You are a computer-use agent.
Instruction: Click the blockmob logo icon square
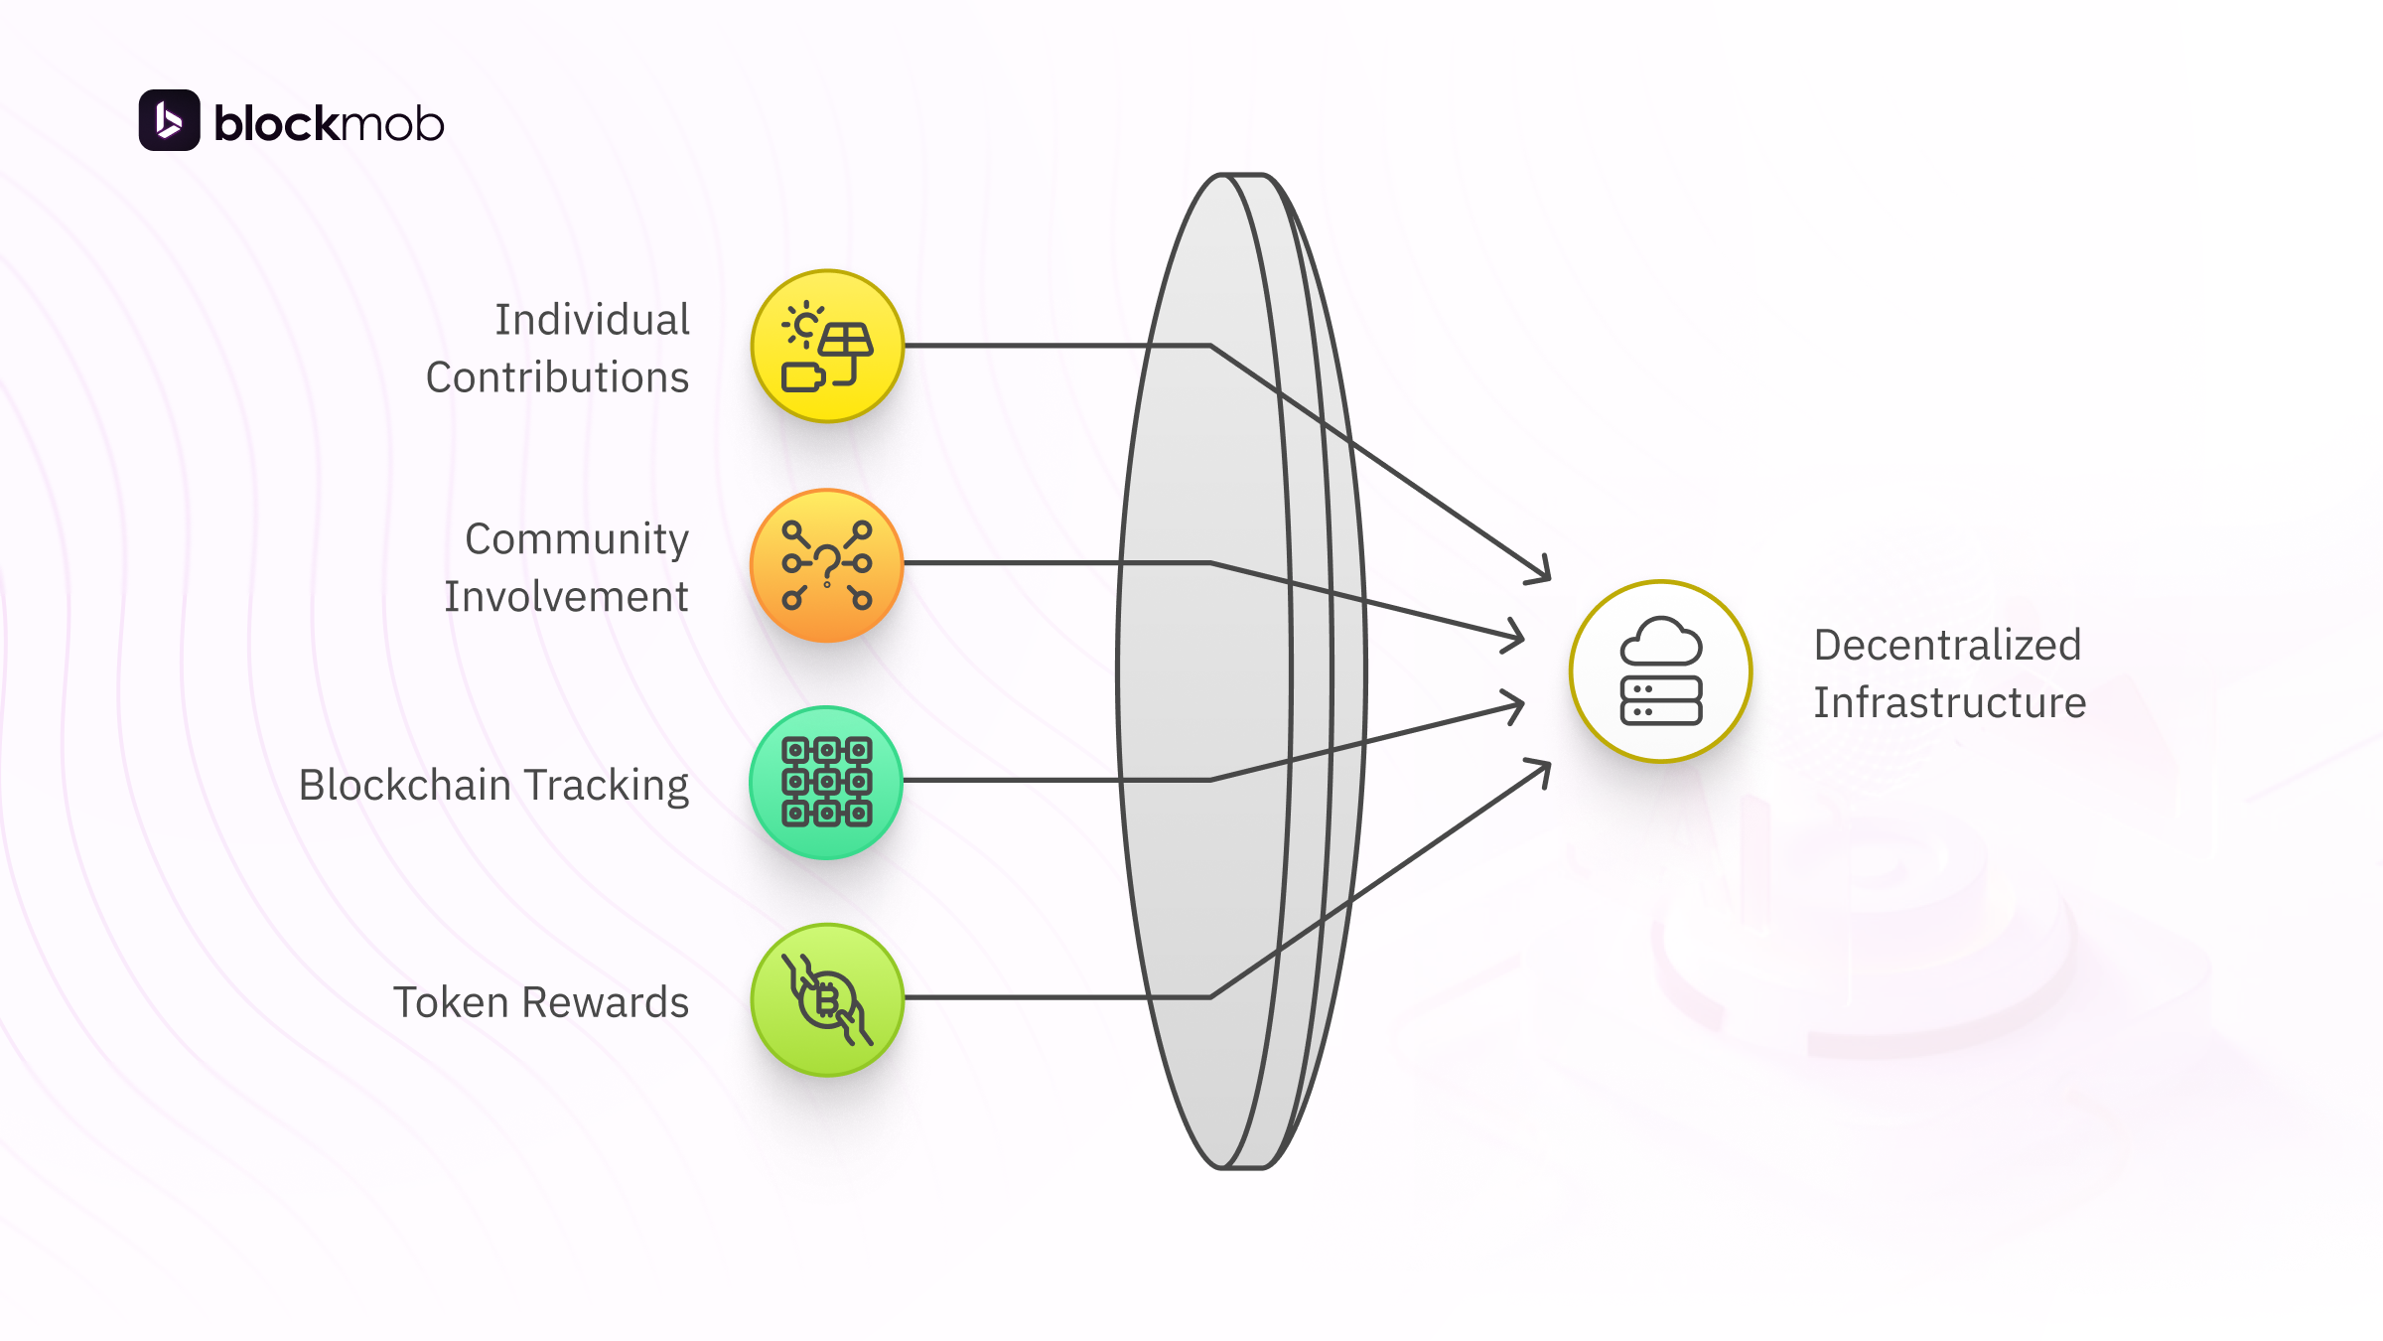coord(169,120)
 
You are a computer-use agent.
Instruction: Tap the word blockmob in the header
coord(329,123)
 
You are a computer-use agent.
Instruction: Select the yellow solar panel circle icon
coord(827,346)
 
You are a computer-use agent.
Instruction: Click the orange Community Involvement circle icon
coord(827,564)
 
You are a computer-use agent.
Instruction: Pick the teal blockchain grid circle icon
coord(827,782)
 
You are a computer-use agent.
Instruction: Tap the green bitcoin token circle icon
coord(827,999)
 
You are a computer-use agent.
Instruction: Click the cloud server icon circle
coord(1660,671)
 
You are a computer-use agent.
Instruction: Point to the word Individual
coord(592,320)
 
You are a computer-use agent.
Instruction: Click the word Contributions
coord(557,377)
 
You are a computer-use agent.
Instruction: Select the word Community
coord(576,539)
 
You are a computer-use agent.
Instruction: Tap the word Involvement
coord(566,597)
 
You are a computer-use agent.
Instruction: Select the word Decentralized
coord(1947,645)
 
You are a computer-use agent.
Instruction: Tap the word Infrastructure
coord(1949,702)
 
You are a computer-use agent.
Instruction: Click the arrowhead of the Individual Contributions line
coord(1542,574)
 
